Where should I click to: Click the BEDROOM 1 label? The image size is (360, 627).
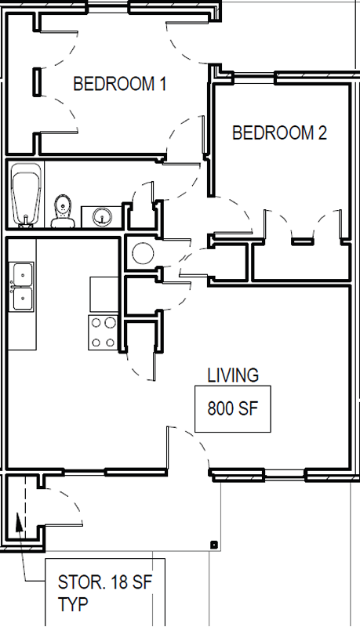tap(119, 84)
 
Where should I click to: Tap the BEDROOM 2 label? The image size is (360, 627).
tap(279, 132)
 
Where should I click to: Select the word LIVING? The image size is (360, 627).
tap(233, 375)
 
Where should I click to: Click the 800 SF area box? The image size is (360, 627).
tap(233, 408)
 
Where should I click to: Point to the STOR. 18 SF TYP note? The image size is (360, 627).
tap(105, 593)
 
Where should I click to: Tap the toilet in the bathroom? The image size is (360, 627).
tap(64, 211)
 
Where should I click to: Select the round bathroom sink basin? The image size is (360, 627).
tap(101, 217)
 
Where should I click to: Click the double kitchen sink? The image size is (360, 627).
tap(23, 286)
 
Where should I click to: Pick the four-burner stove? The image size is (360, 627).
tap(103, 332)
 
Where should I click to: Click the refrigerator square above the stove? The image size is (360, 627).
tap(104, 294)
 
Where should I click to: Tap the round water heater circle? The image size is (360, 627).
tap(143, 253)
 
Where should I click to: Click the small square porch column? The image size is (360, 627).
tap(214, 544)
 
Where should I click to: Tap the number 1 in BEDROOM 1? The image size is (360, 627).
tap(162, 84)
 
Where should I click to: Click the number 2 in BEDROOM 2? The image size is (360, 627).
tap(322, 132)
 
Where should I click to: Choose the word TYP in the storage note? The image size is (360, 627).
tap(73, 604)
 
